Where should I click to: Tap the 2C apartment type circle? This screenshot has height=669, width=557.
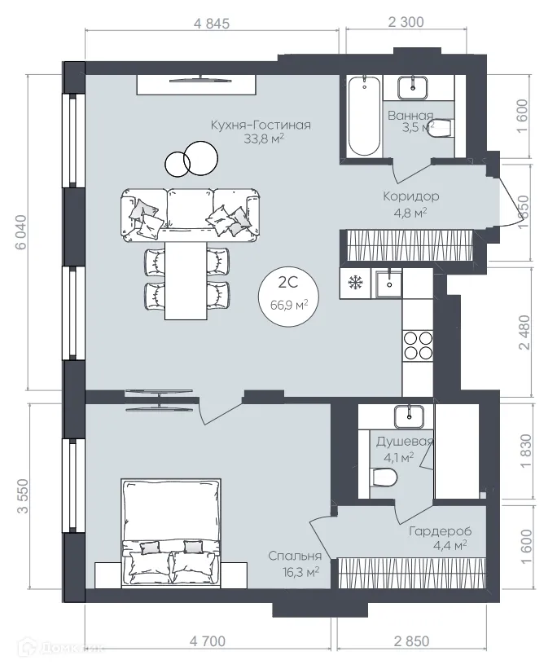(287, 294)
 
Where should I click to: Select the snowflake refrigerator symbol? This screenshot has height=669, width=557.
(356, 283)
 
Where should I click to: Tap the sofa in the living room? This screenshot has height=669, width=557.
(191, 213)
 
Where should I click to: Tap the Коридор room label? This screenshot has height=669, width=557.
(411, 196)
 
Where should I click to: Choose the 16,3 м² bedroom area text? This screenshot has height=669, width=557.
(294, 571)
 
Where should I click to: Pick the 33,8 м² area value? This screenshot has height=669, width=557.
(260, 139)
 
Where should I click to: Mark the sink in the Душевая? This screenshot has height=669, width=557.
(407, 416)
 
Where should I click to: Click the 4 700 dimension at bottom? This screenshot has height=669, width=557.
(207, 641)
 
